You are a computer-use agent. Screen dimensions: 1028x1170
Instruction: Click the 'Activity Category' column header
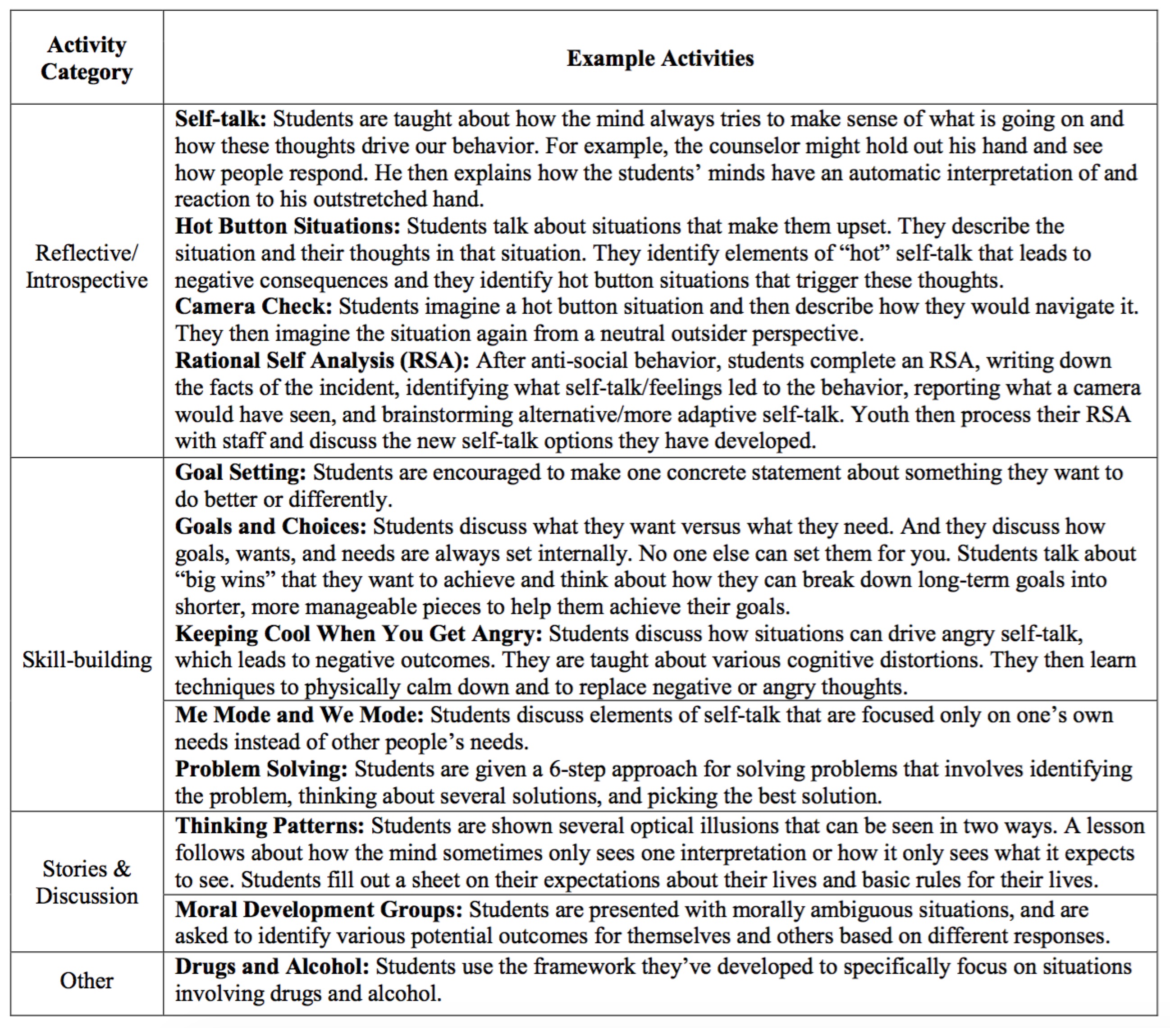tap(87, 58)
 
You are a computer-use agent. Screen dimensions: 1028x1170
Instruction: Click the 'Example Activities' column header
tap(660, 58)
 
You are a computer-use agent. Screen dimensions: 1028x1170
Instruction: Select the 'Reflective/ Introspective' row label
tap(87, 267)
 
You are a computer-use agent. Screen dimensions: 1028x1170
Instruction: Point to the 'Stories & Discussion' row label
tap(87, 882)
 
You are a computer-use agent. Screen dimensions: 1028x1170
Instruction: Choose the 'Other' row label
tap(87, 981)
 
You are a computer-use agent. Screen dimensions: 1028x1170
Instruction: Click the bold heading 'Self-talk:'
tap(220, 119)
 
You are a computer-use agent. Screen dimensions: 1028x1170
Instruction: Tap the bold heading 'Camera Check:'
tap(253, 307)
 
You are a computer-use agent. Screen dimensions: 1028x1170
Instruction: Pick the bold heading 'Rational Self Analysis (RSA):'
tap(322, 361)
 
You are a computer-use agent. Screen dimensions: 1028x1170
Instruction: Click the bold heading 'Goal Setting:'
tap(240, 473)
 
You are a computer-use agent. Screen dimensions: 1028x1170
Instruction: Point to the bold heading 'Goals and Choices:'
tap(270, 526)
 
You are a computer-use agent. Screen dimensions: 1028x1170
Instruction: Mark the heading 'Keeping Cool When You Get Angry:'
tap(358, 634)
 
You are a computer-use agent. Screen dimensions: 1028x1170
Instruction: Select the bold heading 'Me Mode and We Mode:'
tap(299, 715)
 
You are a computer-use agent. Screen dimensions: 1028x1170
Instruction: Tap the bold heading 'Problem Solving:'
tap(261, 769)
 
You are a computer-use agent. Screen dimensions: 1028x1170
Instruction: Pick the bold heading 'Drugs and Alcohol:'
tap(272, 966)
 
